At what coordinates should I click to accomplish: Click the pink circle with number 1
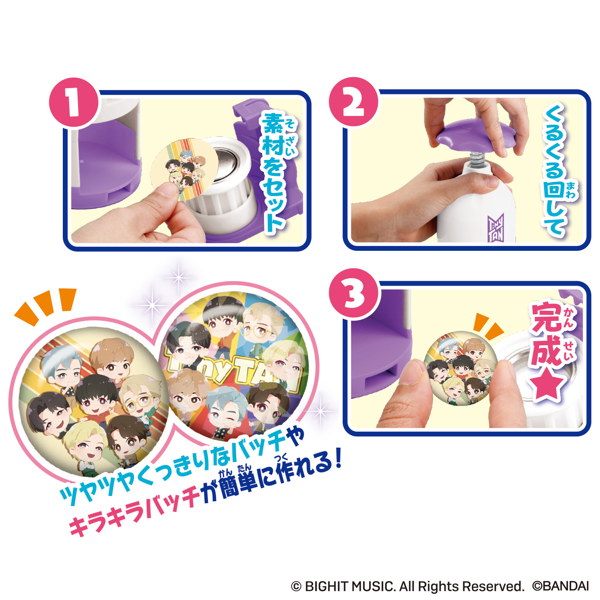[x=74, y=102]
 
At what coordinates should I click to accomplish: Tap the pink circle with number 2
[x=354, y=102]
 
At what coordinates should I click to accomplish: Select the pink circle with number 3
[x=354, y=294]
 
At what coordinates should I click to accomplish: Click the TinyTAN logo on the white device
[x=496, y=228]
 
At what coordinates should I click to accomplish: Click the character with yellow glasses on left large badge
[x=138, y=396]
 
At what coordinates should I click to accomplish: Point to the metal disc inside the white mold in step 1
[x=226, y=162]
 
